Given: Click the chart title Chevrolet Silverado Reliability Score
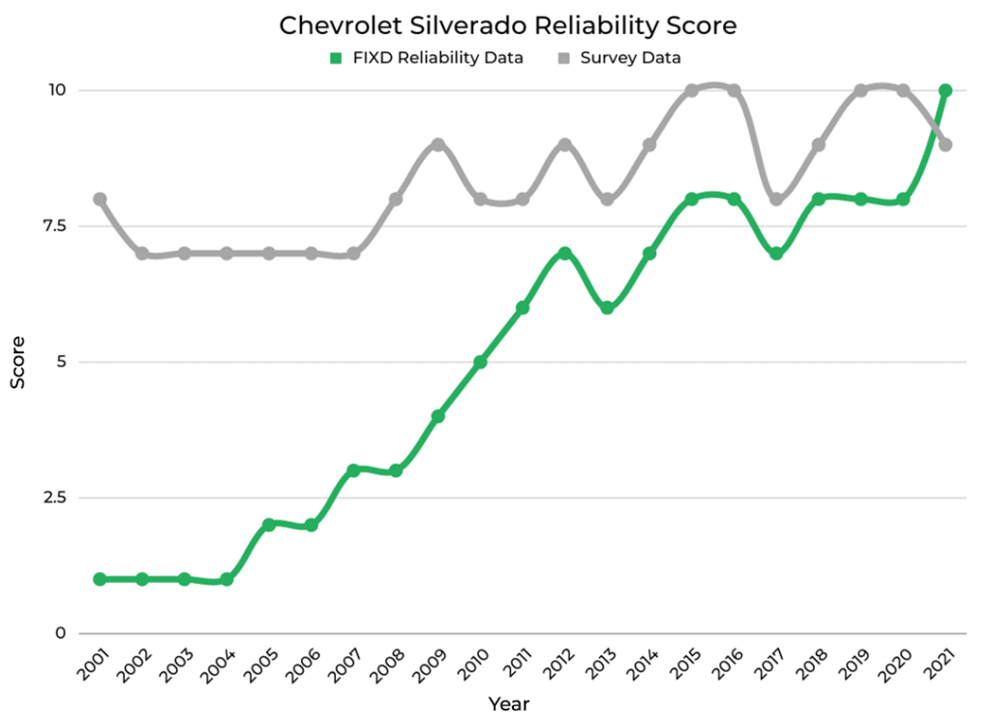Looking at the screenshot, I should [507, 25].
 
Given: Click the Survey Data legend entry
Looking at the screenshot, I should [620, 58].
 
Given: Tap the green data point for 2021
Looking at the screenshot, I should [946, 90].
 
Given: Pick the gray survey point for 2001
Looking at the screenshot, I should [100, 199].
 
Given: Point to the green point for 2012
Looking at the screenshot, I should [565, 254].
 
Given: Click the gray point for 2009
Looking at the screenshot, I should [437, 144].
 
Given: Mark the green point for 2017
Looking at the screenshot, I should [776, 254].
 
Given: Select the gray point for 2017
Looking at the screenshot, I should [776, 199].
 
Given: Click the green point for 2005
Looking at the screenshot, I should [269, 525].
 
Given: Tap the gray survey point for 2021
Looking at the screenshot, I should [946, 144].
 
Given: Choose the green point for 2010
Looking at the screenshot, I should [480, 362].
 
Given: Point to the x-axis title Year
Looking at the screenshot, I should [508, 704].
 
